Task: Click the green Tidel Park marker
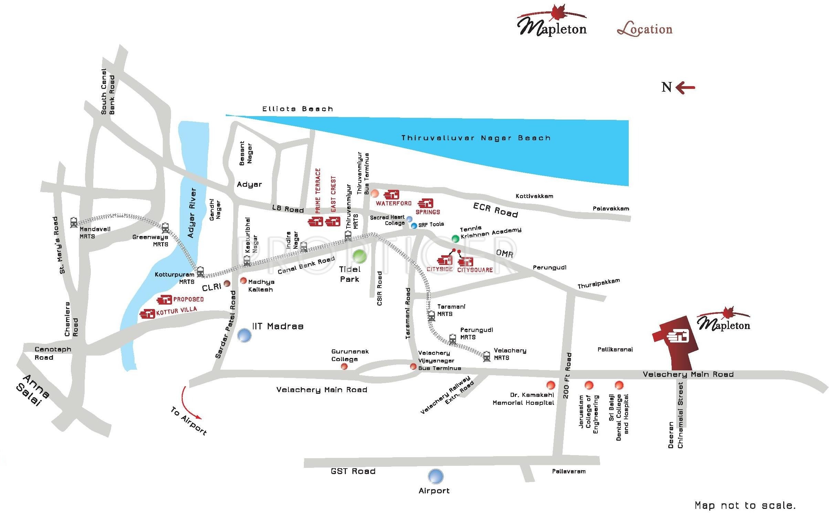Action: click(360, 256)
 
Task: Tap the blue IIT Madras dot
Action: click(244, 335)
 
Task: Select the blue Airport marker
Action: click(436, 476)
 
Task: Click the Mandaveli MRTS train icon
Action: click(74, 223)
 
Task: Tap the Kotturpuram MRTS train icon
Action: click(200, 271)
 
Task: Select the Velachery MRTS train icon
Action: click(487, 356)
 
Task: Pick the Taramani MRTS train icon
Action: click(431, 316)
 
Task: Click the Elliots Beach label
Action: click(298, 109)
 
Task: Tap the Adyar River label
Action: click(192, 213)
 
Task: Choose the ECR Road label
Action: click(495, 210)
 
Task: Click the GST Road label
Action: click(353, 471)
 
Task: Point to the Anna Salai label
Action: click(33, 390)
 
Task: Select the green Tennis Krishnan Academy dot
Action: click(455, 238)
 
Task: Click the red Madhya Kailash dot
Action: click(244, 280)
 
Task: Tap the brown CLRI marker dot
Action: click(227, 284)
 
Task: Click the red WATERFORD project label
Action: click(393, 203)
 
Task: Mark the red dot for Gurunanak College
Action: click(344, 367)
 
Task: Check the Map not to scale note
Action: click(745, 505)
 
